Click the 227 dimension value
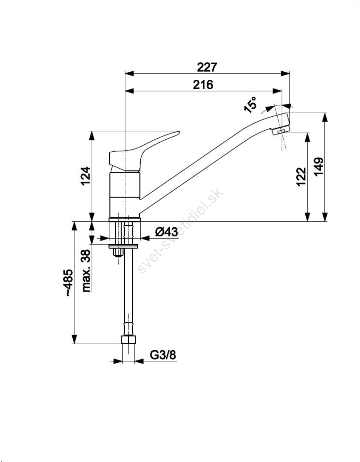[207, 67]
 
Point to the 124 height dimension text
[86, 176]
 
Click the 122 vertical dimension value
[301, 177]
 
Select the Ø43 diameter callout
[166, 232]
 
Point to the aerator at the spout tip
[281, 130]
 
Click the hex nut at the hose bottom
[128, 340]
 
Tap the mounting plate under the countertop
[123, 246]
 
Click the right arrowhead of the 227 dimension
[286, 74]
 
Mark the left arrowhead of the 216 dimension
[130, 91]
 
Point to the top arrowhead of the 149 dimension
[325, 117]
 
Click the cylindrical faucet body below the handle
[125, 195]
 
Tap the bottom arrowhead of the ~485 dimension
[74, 339]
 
